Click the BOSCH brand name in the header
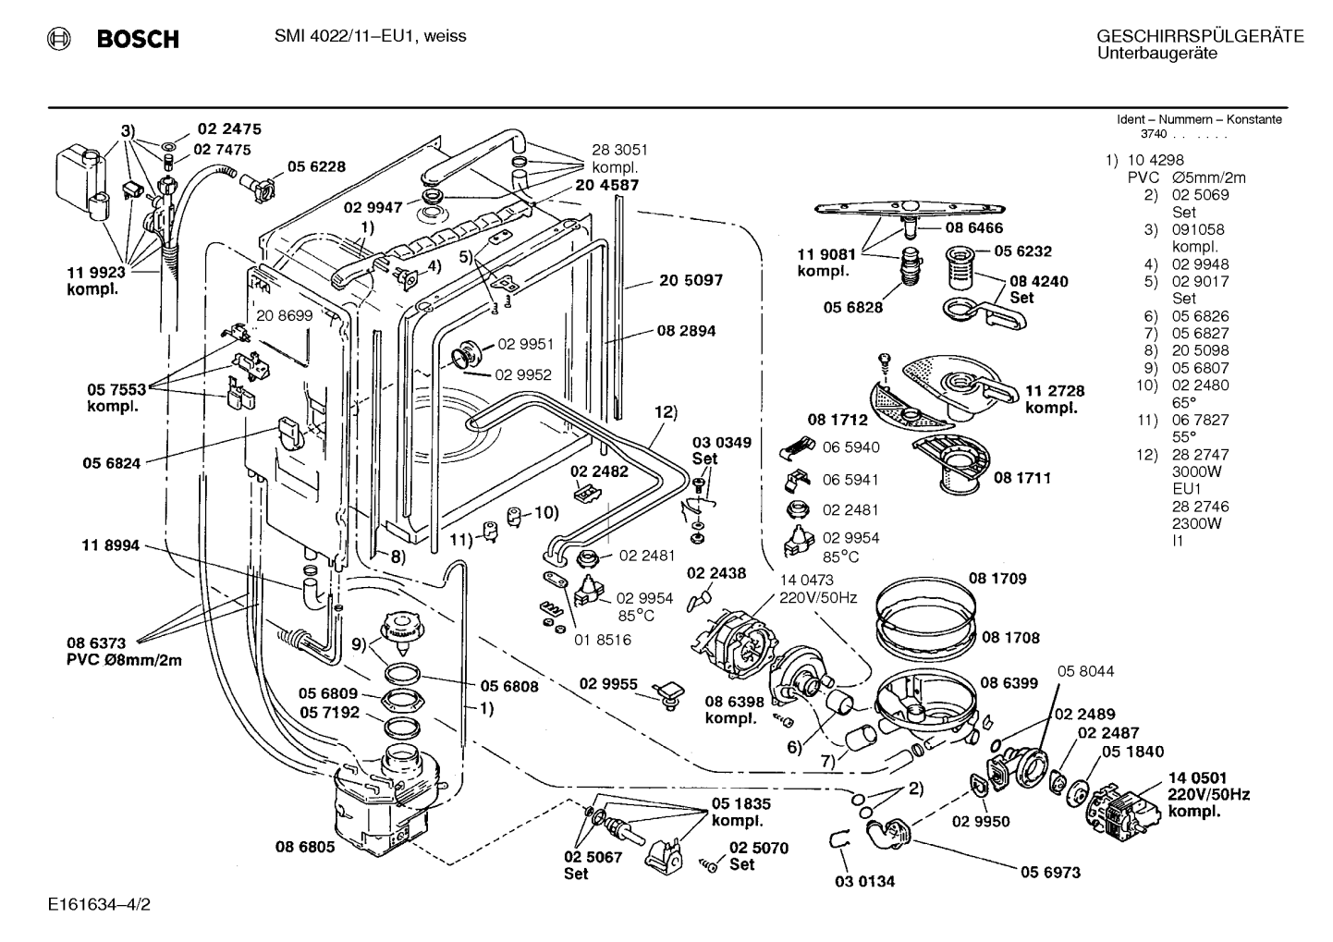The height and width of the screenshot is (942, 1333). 138,39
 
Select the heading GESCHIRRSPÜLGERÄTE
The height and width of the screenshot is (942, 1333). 1200,36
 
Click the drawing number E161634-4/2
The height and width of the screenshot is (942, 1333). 100,905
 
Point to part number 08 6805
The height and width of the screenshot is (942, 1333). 305,847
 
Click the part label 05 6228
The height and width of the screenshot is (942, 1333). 316,166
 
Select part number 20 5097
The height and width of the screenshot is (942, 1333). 691,280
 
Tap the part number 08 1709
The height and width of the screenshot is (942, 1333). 998,579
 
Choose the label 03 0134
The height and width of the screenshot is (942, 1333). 864,881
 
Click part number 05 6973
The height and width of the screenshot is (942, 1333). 1051,873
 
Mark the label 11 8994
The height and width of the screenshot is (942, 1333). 111,545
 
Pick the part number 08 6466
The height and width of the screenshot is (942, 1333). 974,228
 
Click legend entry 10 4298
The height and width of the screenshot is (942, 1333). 1156,160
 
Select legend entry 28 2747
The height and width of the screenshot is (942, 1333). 1200,455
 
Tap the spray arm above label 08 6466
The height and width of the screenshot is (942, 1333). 910,209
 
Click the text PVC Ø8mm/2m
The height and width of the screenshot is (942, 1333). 125,660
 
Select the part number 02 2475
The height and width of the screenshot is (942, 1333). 229,129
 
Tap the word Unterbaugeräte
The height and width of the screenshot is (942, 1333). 1157,54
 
